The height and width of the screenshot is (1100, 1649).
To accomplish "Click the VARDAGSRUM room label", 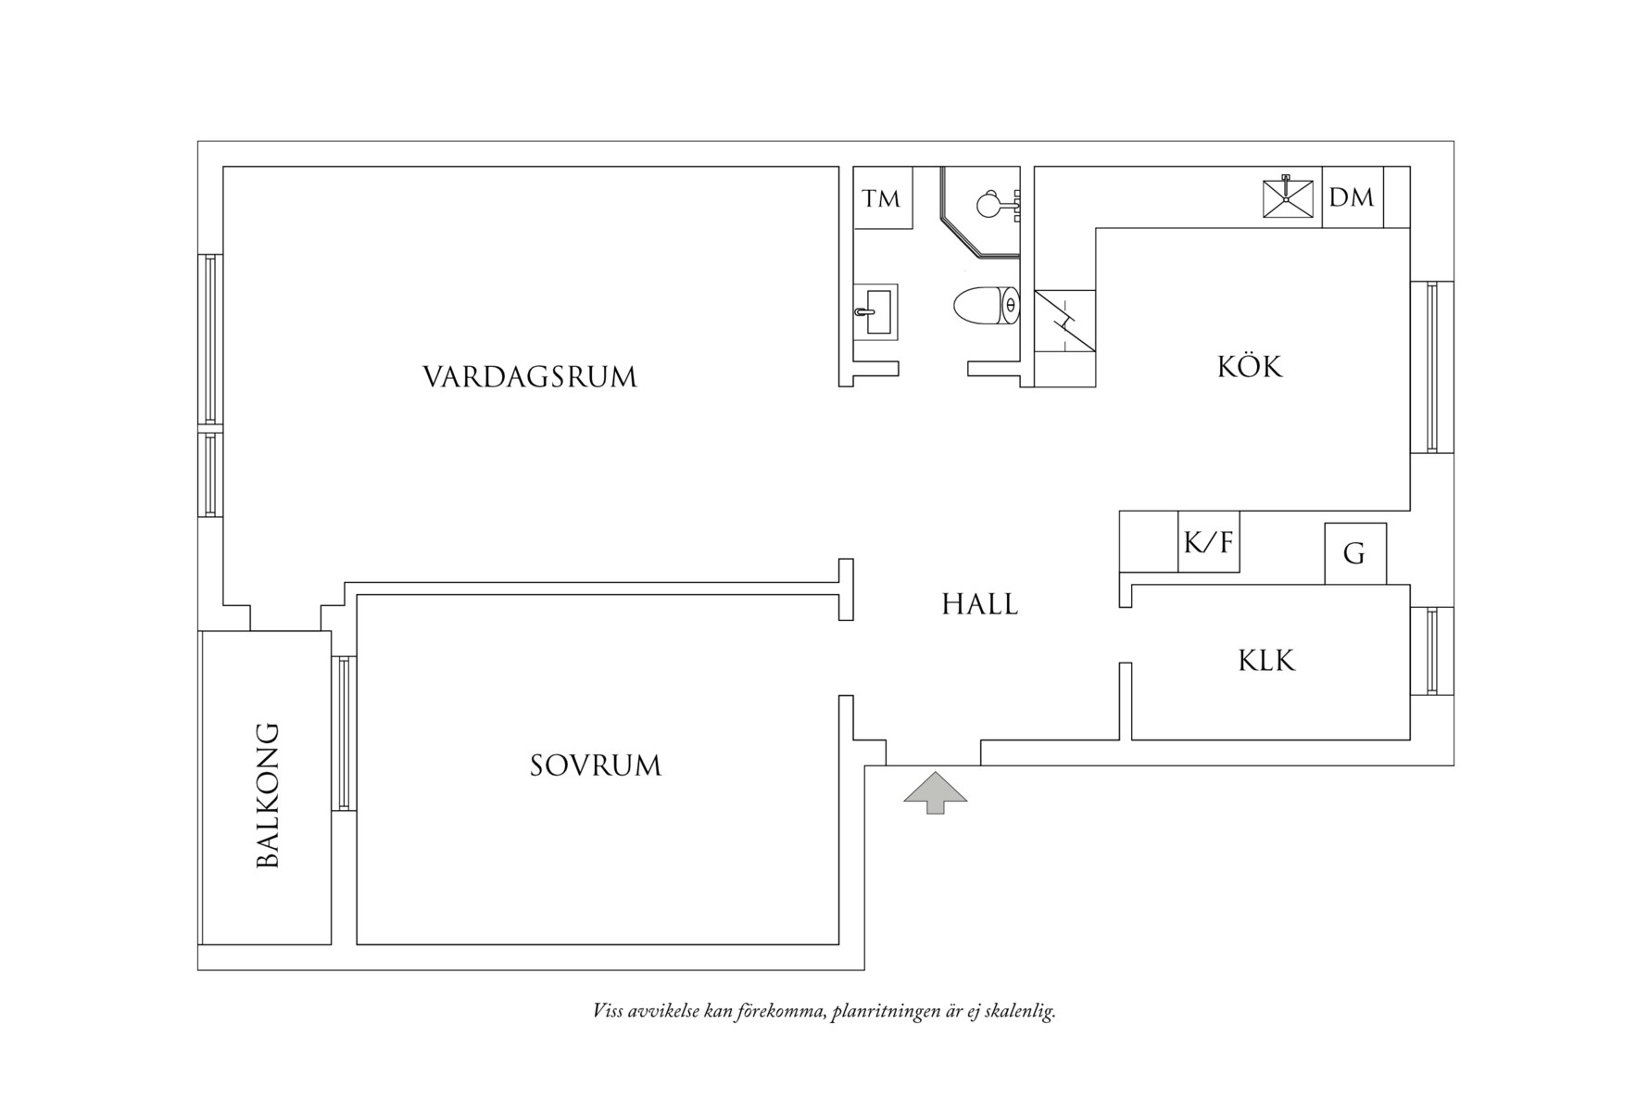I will tap(530, 377).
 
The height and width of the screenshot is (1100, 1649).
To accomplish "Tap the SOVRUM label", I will tap(596, 765).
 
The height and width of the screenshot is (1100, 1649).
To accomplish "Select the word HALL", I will tap(980, 604).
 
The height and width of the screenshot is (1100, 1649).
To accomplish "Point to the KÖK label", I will tap(1250, 367).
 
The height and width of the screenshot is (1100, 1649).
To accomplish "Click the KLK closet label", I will tap(1266, 661).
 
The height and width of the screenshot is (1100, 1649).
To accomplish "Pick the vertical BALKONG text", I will tap(267, 795).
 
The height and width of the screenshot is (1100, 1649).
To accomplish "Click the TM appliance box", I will tap(882, 198).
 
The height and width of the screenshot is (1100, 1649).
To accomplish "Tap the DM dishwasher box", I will tap(1352, 197).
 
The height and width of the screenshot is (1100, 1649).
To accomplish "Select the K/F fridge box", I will tap(1208, 541).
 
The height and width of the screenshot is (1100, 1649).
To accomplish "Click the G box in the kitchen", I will tap(1354, 554).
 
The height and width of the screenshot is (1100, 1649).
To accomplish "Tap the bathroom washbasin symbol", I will tap(875, 312).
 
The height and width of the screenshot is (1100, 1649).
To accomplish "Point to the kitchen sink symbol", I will tap(1288, 197).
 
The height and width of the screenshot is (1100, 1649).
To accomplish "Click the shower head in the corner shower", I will tap(991, 202).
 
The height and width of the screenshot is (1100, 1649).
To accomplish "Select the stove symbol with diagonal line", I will tap(1065, 321).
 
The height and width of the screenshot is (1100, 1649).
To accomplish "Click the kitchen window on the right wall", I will tap(1431, 367).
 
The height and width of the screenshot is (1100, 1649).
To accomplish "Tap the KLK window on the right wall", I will tap(1431, 651).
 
